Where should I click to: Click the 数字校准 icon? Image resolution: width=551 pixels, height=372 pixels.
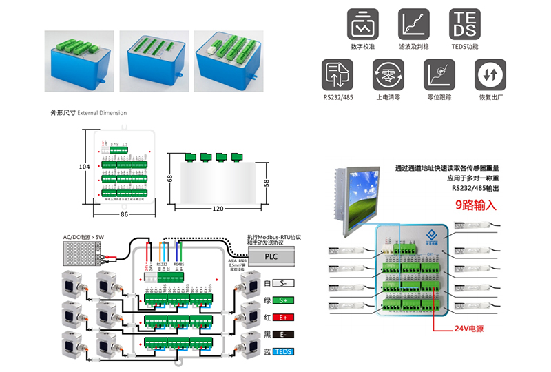click(362, 24)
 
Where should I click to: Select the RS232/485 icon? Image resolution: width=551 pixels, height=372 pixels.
click(337, 74)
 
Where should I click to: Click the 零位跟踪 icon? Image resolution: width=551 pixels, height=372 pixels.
click(438, 74)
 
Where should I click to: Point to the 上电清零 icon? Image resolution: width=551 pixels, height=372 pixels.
click(388, 74)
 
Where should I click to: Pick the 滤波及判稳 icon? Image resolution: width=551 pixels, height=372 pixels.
click(413, 24)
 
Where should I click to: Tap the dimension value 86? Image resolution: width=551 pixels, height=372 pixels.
click(124, 215)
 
